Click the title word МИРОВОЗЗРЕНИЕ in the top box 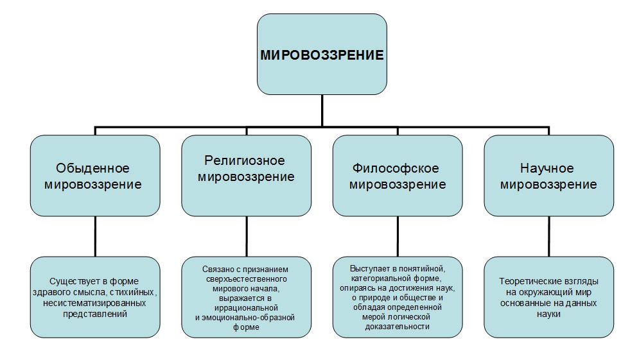pos(322,55)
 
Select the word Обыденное pos(92,168)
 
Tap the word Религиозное pos(245,160)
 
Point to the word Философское pos(396,168)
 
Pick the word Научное pos(547,168)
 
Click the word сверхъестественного pos(246,279)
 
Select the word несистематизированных pos(94,304)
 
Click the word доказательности pos(398,327)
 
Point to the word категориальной pos(380,279)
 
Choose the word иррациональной pos(246,308)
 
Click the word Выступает pos(369,269)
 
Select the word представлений pos(95,314)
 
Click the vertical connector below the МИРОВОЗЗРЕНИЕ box pos(322,110)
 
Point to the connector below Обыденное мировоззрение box pos(95,236)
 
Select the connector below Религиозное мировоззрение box pos(247,236)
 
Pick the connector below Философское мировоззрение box pos(398,236)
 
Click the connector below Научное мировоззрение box pos(549,236)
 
